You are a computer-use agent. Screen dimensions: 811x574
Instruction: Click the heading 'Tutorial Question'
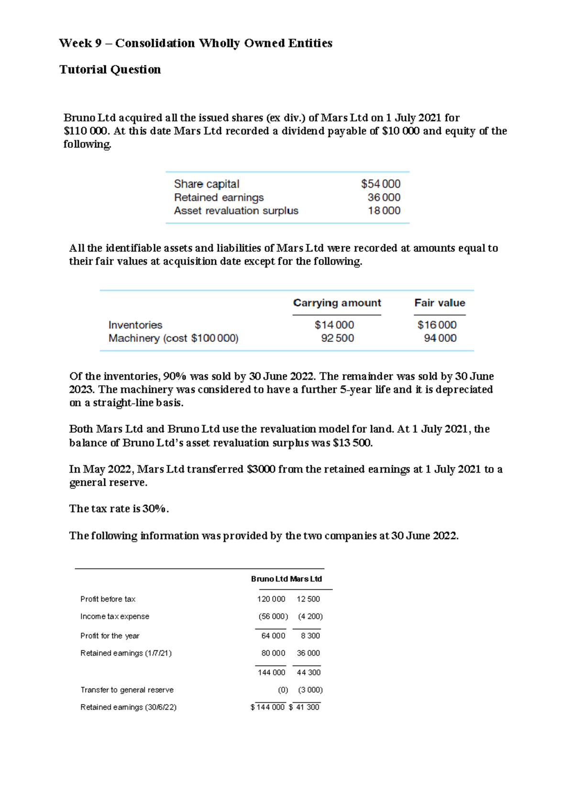pyautogui.click(x=110, y=70)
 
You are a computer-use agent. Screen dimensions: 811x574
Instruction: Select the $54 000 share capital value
pyautogui.click(x=381, y=184)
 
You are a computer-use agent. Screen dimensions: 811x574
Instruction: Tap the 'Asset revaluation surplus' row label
pyautogui.click(x=236, y=211)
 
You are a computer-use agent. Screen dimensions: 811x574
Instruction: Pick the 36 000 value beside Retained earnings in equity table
pyautogui.click(x=384, y=197)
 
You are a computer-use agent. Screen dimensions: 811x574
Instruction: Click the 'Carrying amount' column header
pyautogui.click(x=337, y=303)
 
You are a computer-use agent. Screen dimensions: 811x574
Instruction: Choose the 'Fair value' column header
pyautogui.click(x=440, y=303)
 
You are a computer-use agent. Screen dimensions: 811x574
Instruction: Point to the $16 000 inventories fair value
pyautogui.click(x=437, y=325)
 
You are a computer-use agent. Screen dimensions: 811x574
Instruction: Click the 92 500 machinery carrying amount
pyautogui.click(x=337, y=339)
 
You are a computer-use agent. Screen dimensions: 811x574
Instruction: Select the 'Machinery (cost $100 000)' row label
pyautogui.click(x=173, y=339)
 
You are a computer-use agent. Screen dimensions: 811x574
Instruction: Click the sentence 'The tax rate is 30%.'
pyautogui.click(x=119, y=509)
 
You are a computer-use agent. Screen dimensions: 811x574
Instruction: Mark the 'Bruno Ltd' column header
pyautogui.click(x=269, y=579)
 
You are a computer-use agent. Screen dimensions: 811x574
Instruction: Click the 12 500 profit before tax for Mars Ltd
pyautogui.click(x=308, y=599)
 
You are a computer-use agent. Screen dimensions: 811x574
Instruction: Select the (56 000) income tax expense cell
pyautogui.click(x=273, y=617)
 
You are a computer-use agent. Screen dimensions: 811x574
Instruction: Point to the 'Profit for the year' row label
pyautogui.click(x=110, y=636)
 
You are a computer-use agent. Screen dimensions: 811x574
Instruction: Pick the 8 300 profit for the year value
pyautogui.click(x=310, y=636)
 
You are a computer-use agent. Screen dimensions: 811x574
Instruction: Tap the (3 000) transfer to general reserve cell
pyautogui.click(x=310, y=690)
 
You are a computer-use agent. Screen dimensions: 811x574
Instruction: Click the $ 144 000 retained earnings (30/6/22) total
pyautogui.click(x=267, y=707)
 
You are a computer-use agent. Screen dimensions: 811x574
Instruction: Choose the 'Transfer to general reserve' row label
pyautogui.click(x=127, y=690)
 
